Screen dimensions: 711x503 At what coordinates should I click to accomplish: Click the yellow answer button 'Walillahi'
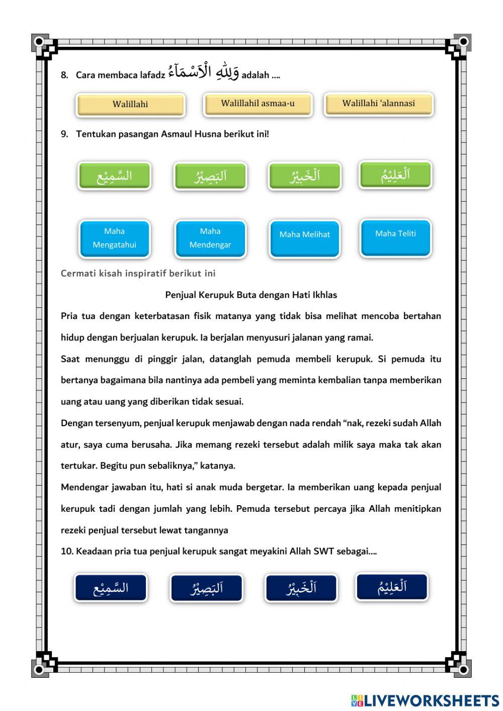coord(130,105)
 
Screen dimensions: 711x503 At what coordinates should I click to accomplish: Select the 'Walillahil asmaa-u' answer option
coord(258,104)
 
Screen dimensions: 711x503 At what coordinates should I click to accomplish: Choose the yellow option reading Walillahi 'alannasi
coord(378,104)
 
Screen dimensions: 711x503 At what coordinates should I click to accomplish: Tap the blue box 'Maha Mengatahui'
coord(114,238)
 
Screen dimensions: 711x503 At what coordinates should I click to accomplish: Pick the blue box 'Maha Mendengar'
coord(210,238)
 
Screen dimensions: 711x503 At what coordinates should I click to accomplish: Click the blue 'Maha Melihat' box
coord(305,238)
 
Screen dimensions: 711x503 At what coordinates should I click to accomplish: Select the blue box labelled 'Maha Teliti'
coord(395,237)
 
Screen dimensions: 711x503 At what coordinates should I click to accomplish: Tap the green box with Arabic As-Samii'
coord(114,176)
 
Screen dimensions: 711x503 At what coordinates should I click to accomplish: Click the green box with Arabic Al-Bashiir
coord(210,176)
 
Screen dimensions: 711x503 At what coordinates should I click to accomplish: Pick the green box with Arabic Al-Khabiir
coord(305,176)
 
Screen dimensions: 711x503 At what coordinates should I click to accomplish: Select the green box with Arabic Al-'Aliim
coord(395,174)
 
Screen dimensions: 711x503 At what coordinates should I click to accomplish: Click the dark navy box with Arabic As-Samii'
coord(111,588)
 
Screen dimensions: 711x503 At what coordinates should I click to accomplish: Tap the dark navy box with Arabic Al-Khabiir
coord(301,588)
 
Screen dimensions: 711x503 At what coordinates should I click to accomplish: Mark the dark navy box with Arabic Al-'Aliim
coord(392,586)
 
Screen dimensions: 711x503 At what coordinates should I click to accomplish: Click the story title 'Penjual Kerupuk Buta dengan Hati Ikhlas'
coord(251,295)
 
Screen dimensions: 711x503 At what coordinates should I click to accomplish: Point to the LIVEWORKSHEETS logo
coord(425,700)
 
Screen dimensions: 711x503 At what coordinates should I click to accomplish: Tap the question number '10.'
coord(67,551)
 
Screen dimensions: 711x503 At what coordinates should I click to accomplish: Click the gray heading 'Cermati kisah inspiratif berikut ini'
coord(138,273)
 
